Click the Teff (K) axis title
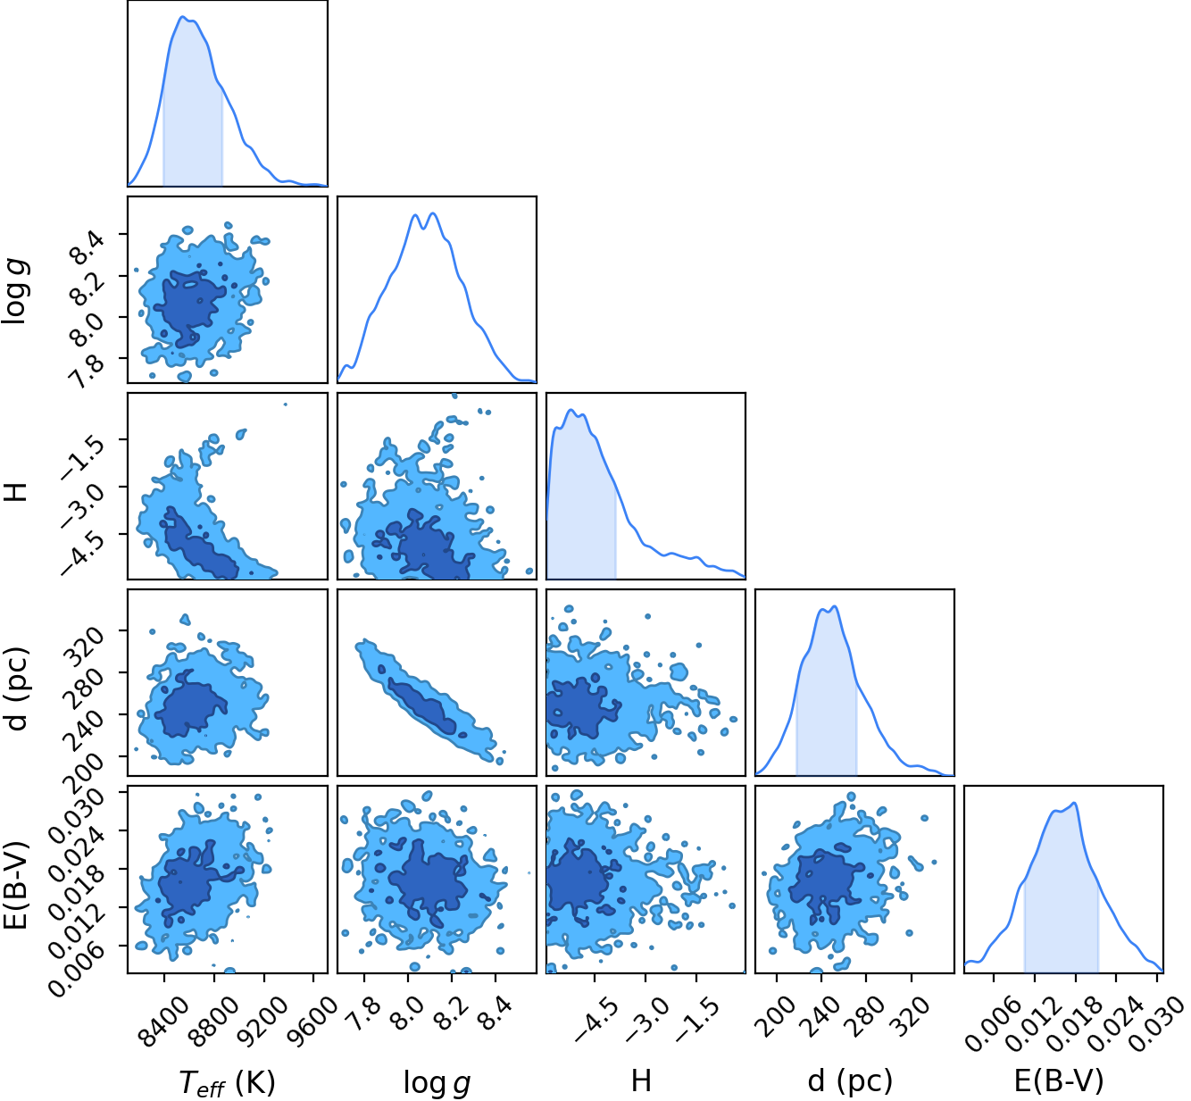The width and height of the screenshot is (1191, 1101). (228, 1081)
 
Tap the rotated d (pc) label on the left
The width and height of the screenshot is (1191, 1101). (17, 688)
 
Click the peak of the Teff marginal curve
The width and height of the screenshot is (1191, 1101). (182, 16)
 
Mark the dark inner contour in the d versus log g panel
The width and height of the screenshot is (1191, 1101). (422, 707)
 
